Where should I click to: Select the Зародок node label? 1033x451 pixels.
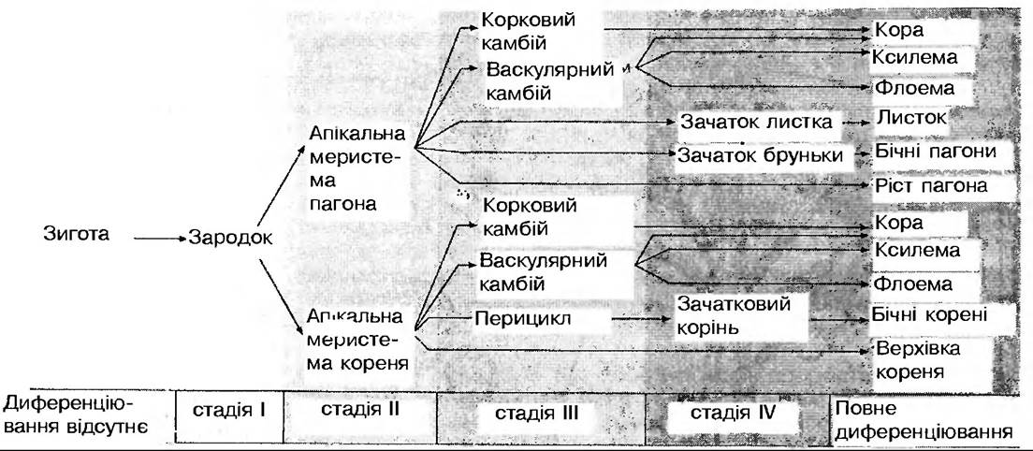230,238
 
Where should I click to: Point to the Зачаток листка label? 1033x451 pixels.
758,123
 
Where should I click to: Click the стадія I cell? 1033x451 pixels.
230,410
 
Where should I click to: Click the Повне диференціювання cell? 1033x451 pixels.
922,421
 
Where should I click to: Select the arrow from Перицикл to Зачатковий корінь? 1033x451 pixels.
626,318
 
